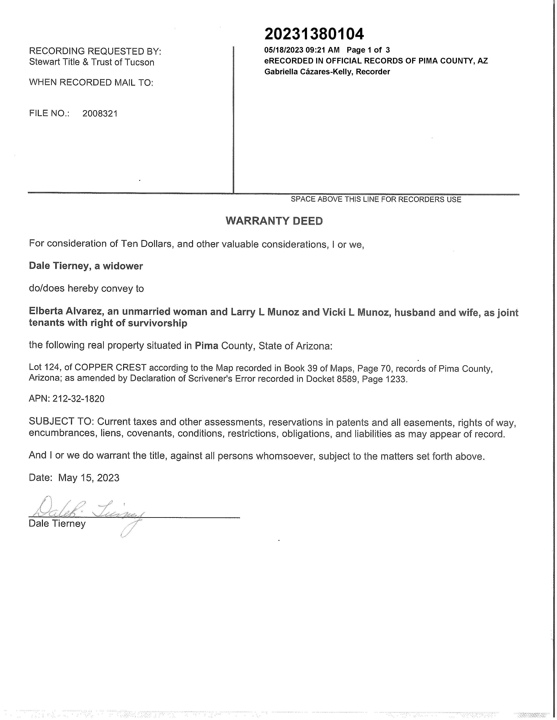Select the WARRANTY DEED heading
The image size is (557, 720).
tap(274, 221)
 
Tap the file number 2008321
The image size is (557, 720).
tap(100, 114)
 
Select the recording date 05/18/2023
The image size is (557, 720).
tap(284, 50)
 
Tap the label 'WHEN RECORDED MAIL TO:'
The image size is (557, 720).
tap(91, 82)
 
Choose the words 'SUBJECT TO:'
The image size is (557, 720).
tap(62, 422)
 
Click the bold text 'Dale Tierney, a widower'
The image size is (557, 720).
tap(86, 266)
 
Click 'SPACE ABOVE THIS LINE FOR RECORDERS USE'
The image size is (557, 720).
tap(376, 199)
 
